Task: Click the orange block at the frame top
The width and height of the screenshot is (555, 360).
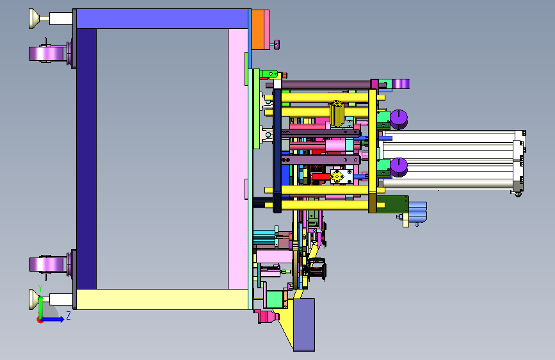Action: pyautogui.click(x=258, y=29)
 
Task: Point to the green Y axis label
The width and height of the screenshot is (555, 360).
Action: pyautogui.click(x=40, y=288)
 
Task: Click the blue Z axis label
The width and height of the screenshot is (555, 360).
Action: pyautogui.click(x=68, y=315)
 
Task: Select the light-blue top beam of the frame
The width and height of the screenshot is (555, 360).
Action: pyautogui.click(x=162, y=19)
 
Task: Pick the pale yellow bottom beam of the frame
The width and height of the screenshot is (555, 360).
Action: pyautogui.click(x=162, y=299)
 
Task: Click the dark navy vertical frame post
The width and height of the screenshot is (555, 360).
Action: pyautogui.click(x=86, y=159)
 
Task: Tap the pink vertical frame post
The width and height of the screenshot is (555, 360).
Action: pyautogui.click(x=238, y=159)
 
